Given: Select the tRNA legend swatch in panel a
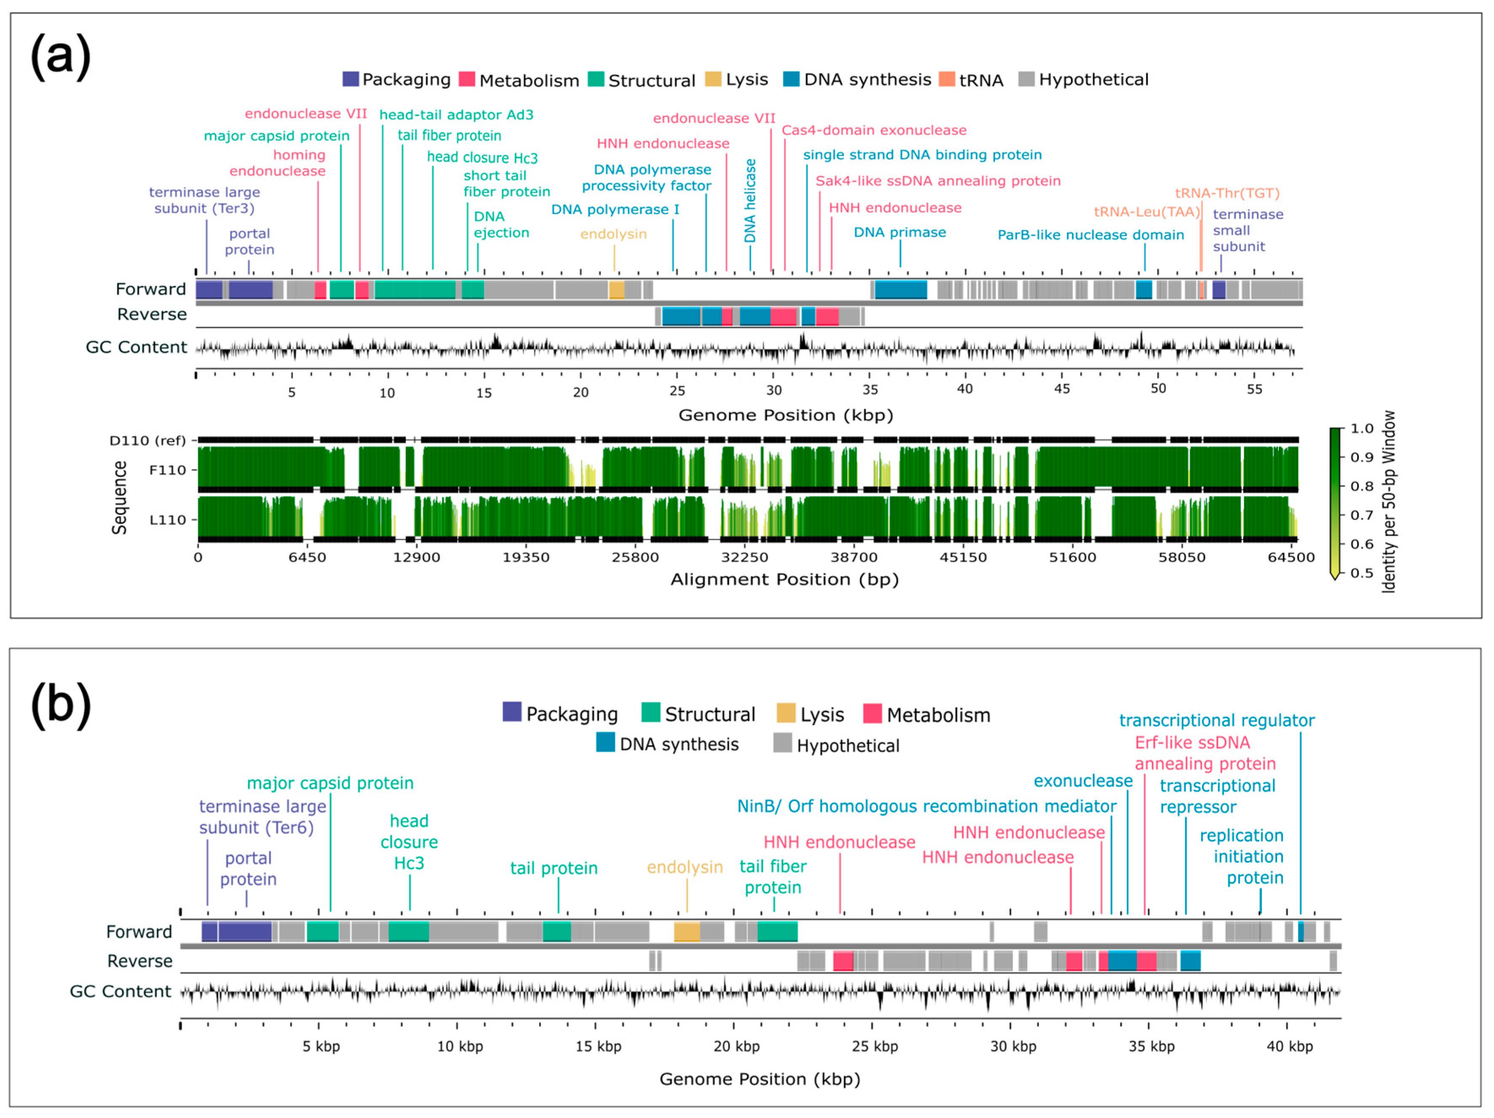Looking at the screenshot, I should click(x=947, y=79).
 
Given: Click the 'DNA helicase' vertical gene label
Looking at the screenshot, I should click(x=750, y=201).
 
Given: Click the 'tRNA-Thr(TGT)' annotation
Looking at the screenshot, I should click(x=1227, y=193).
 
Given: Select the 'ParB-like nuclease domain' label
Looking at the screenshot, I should click(x=1091, y=235).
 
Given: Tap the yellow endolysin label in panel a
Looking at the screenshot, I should click(x=613, y=234).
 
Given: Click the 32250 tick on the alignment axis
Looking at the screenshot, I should click(x=744, y=557).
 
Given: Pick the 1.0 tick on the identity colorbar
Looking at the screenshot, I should click(x=1361, y=428).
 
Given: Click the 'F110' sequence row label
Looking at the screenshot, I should click(x=168, y=470).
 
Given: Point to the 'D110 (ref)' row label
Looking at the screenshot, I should click(x=147, y=440).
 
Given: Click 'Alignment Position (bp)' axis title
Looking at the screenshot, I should click(x=784, y=580).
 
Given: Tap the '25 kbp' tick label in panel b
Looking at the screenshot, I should click(x=874, y=1046).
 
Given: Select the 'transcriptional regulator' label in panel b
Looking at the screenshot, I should click(x=1216, y=721).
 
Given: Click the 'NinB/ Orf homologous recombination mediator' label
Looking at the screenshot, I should click(x=926, y=806).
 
